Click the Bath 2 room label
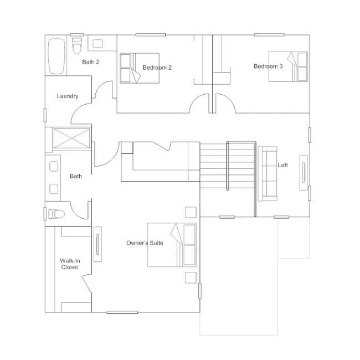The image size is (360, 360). point(91,62)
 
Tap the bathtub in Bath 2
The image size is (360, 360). point(56,56)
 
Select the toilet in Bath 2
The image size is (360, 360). point(77,45)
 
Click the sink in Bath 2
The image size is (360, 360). point(97,44)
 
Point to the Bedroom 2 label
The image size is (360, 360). point(157,68)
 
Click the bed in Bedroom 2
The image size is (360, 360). point(140,68)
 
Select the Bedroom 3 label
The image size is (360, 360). point(268,66)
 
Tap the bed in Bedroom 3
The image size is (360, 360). point(288,66)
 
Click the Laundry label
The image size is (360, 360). point(68,96)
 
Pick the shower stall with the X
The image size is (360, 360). point(71,138)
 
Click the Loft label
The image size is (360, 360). point(283,165)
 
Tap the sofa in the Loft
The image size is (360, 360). point(268,173)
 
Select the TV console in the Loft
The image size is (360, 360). point(304,173)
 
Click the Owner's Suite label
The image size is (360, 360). point(145,243)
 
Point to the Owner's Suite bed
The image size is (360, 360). point(172,245)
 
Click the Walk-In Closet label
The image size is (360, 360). point(70,264)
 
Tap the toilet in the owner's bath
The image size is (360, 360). point(56,214)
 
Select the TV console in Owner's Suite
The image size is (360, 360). point(98,244)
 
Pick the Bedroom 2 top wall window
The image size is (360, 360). point(151,35)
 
